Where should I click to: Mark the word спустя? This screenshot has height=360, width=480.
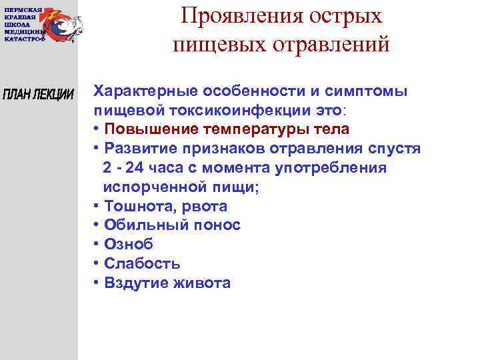point(393,148)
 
